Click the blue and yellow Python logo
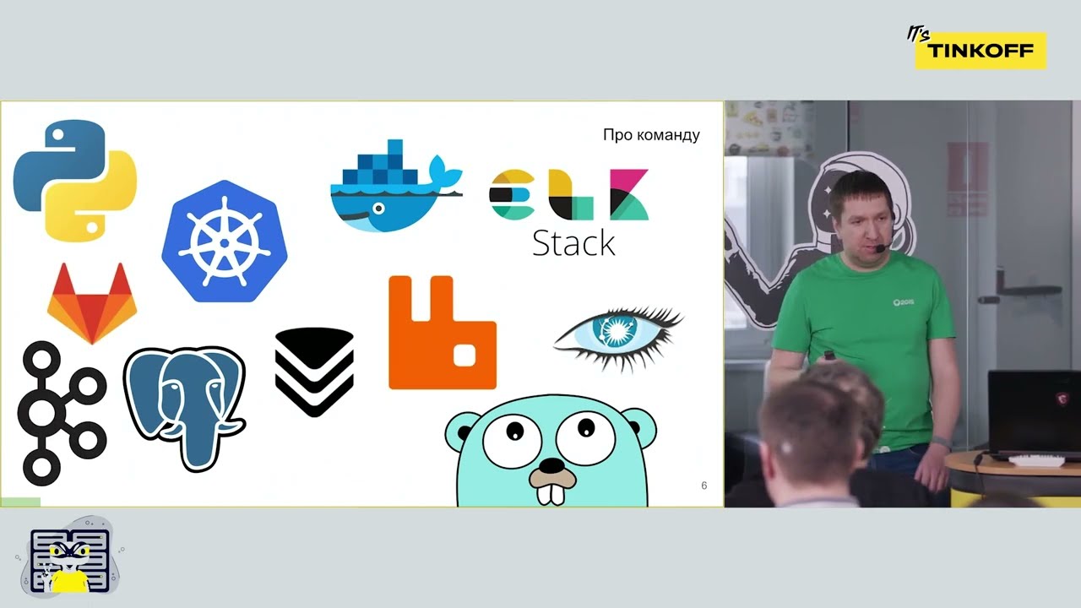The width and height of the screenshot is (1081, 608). [75, 180]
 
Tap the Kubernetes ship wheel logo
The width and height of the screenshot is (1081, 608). [225, 242]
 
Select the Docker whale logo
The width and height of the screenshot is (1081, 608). [396, 186]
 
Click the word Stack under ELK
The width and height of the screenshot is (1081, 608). [573, 243]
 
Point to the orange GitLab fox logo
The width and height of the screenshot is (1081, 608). [92, 303]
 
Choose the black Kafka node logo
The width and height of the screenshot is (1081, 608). [62, 413]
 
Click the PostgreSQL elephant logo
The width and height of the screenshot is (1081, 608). [184, 408]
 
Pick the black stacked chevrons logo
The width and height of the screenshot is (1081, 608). [314, 372]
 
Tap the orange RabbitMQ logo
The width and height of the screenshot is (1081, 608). [442, 333]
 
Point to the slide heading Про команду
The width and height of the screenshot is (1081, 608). [651, 135]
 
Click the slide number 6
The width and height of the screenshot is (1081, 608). [704, 486]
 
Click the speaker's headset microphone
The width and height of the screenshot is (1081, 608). [880, 248]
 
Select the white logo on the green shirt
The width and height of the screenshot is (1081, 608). [903, 302]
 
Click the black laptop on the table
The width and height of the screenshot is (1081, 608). [1034, 414]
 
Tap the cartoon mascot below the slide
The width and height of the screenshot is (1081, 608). [70, 558]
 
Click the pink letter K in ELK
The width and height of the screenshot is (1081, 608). [629, 194]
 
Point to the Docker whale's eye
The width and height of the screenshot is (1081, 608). [379, 209]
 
